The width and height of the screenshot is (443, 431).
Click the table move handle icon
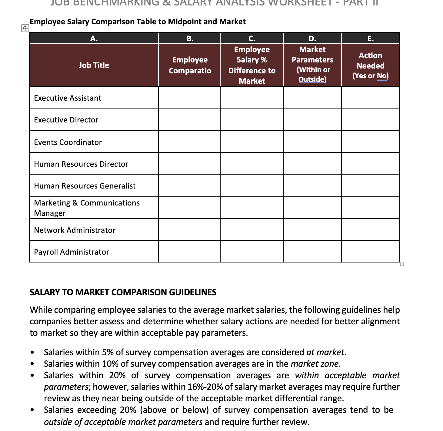(x=25, y=28)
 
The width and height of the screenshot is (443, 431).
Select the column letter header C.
(x=251, y=38)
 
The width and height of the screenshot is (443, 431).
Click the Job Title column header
(x=94, y=65)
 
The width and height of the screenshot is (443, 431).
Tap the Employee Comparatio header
(x=190, y=65)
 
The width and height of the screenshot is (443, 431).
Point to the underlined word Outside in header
(x=311, y=79)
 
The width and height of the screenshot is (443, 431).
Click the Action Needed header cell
(x=370, y=65)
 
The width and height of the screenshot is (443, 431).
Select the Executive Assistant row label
(x=68, y=98)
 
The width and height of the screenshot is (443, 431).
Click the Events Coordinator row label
(x=68, y=142)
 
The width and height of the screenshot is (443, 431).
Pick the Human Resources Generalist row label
(x=85, y=186)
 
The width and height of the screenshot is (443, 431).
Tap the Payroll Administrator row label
(x=72, y=252)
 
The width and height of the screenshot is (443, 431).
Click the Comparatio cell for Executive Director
(x=189, y=120)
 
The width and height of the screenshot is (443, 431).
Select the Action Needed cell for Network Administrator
(x=370, y=230)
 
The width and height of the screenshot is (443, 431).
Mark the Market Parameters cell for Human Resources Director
(x=312, y=164)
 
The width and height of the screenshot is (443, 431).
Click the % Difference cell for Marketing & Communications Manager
(x=251, y=208)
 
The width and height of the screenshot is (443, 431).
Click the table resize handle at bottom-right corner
(x=402, y=264)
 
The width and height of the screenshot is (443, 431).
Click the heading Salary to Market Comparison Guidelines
(x=123, y=292)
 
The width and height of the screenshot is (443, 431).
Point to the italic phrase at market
(x=325, y=352)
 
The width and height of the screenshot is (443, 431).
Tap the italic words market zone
(x=315, y=364)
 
